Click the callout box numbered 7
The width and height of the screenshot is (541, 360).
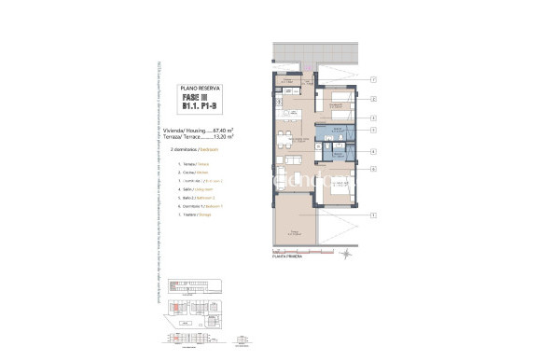click(373, 80)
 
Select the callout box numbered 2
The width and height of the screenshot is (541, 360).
click(373, 99)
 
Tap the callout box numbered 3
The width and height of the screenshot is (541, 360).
click(373, 118)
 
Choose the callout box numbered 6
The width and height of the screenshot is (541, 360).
click(373, 169)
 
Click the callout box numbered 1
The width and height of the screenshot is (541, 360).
click(373, 216)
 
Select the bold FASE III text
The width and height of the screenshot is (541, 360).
click(201, 96)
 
